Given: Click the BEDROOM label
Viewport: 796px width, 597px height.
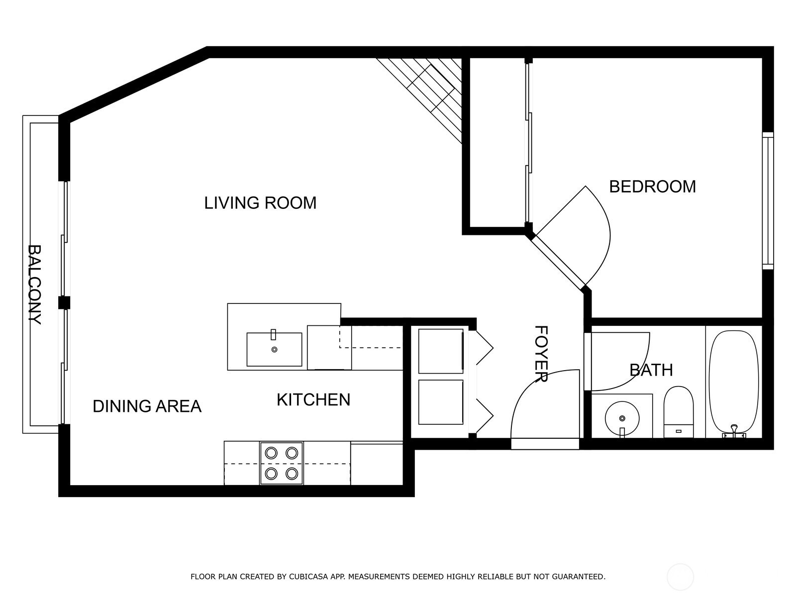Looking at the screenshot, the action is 652,187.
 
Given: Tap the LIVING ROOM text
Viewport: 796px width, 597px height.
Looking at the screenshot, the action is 260,203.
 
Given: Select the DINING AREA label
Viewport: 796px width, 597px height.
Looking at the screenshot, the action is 147,406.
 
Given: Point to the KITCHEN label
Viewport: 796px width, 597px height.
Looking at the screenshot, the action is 313,400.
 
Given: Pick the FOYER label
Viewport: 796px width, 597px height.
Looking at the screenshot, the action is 541,354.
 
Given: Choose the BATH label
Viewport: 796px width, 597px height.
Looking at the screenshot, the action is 651,370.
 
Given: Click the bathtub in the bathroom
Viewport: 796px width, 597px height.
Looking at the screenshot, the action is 734,384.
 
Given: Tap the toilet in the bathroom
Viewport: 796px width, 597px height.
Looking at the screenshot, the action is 679,412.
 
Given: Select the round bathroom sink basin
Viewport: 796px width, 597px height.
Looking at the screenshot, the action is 622,418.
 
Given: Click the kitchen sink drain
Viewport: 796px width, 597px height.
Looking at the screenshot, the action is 275,349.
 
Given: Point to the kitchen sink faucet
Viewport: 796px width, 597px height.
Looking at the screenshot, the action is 274,334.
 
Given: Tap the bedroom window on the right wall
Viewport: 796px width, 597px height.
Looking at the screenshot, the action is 768,201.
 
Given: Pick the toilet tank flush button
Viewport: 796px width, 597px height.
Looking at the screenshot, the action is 679,431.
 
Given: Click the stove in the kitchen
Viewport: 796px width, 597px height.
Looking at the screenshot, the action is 282,463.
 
